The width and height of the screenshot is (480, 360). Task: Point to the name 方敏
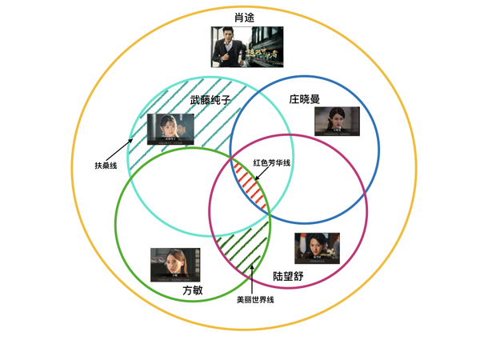tap(193, 290)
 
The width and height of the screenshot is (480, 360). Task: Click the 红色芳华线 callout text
tap(272, 162)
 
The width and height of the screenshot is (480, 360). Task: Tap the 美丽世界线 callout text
tap(255, 300)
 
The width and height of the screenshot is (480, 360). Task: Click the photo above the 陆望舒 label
tap(318, 248)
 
